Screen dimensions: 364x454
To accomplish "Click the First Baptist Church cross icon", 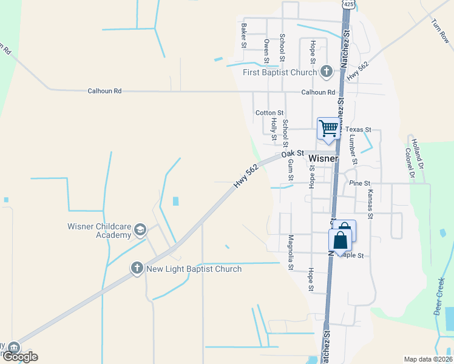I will [x=327, y=72].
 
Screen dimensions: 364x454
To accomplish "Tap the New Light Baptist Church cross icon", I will [x=137, y=268].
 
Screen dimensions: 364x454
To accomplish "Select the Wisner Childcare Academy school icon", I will [x=140, y=229].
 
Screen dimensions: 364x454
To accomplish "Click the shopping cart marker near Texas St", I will [x=328, y=129].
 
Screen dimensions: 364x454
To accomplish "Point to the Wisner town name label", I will [x=323, y=159].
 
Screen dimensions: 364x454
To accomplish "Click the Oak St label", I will [x=291, y=155].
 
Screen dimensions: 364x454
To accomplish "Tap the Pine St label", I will [x=359, y=183].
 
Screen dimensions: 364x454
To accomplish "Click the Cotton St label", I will [x=269, y=113].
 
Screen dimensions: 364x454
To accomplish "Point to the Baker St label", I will [x=243, y=35].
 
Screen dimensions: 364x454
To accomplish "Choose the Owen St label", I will [x=266, y=51].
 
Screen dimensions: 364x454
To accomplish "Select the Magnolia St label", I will [x=291, y=253].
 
